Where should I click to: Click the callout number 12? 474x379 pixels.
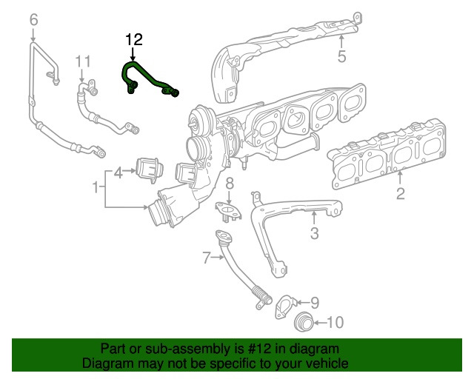(x=134, y=39)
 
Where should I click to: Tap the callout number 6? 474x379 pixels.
(x=33, y=20)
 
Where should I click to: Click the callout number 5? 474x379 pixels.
(x=341, y=56)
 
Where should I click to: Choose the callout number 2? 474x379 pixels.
(x=400, y=194)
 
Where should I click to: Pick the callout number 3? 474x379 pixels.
(x=314, y=234)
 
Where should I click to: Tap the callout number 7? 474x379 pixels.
(x=207, y=258)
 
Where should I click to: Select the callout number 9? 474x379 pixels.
(x=314, y=302)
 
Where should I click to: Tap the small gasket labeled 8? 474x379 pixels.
(x=230, y=211)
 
